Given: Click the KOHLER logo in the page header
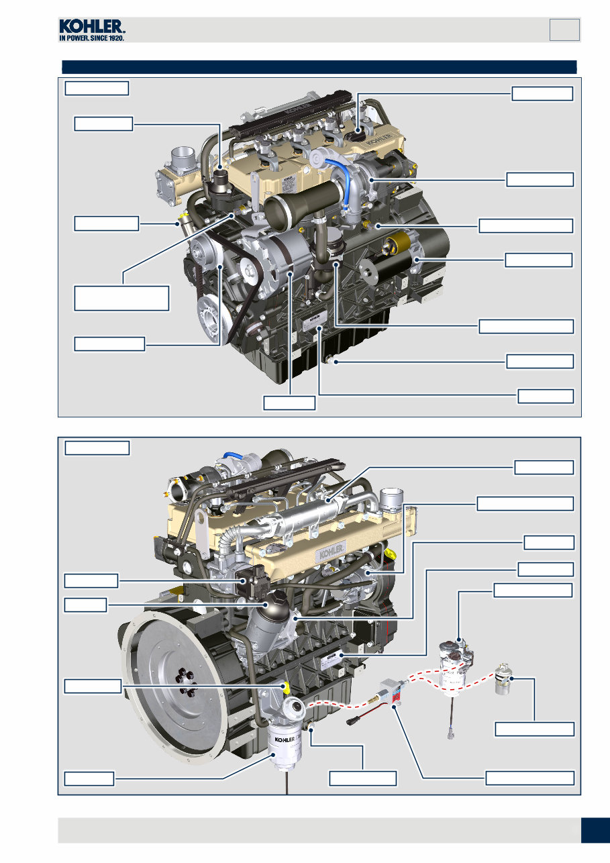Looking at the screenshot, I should (91, 30).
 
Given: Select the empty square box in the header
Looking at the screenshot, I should (564, 30).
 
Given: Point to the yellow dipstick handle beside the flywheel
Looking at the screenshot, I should (285, 686).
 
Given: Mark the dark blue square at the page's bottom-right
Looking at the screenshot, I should (595, 829).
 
